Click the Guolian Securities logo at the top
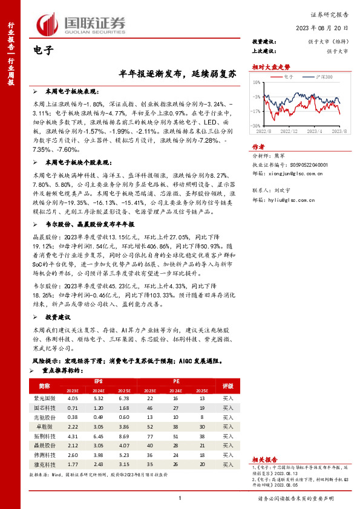coord(76,25)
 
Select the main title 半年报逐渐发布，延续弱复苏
coord(176,72)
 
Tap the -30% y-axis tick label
coord(256,125)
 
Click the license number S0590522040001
coord(308,164)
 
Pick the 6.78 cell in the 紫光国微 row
coord(125,398)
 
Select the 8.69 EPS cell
coord(125,436)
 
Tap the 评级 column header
coord(227,385)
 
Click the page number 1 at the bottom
coord(180,498)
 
